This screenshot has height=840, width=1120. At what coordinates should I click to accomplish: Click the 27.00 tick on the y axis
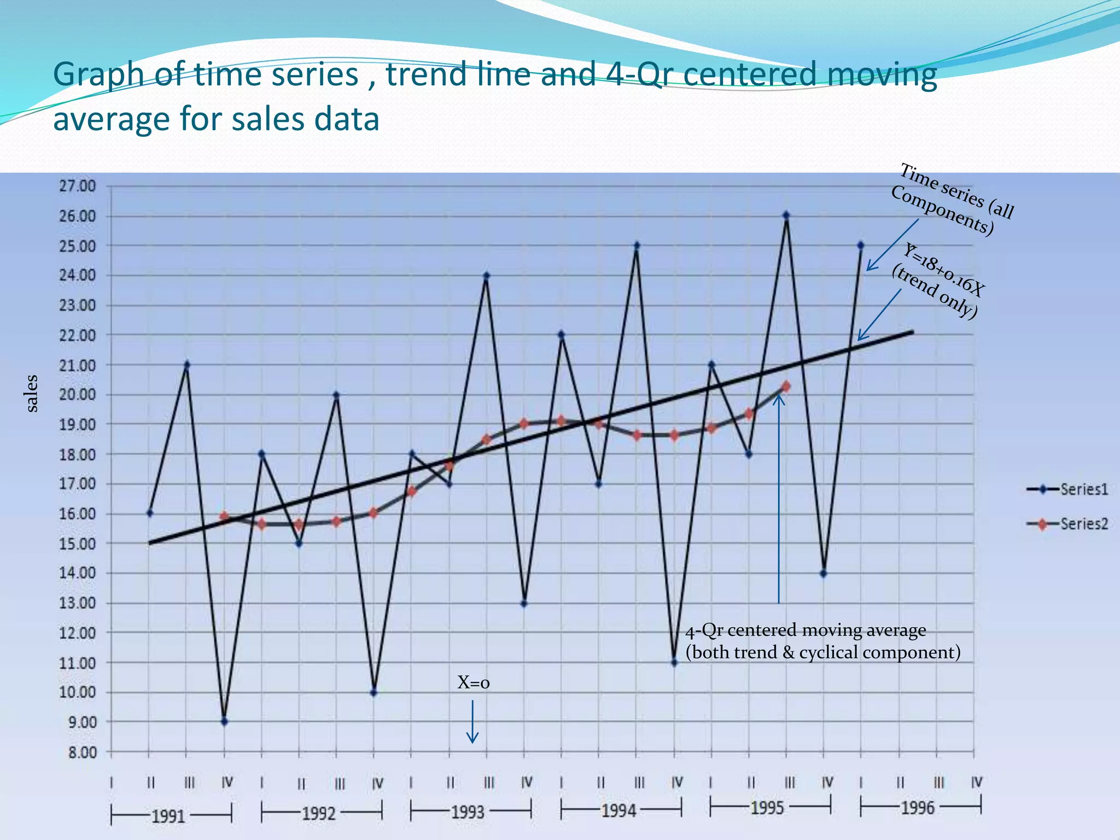pyautogui.click(x=77, y=186)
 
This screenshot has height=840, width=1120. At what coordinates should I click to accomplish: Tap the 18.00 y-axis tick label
pyautogui.click(x=77, y=454)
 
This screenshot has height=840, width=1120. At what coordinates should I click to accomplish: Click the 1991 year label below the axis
pyautogui.click(x=168, y=816)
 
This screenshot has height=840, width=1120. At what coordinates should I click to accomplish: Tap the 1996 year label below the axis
pyautogui.click(x=918, y=808)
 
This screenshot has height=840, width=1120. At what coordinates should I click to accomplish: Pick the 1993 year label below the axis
pyautogui.click(x=468, y=812)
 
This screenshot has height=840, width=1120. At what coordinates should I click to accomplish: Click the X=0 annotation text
pyautogui.click(x=473, y=682)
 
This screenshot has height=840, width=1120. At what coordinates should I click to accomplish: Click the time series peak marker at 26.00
pyautogui.click(x=786, y=215)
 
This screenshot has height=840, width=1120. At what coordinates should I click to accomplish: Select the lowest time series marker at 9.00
pyautogui.click(x=224, y=722)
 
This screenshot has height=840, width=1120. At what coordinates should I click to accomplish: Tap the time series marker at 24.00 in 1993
pyautogui.click(x=487, y=276)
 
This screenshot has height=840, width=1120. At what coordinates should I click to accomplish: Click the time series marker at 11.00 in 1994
pyautogui.click(x=674, y=662)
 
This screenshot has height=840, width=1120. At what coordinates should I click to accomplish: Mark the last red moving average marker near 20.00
pyautogui.click(x=786, y=387)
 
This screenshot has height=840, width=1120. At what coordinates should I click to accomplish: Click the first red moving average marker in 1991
pyautogui.click(x=224, y=516)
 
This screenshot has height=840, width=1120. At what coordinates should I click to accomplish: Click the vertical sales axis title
pyautogui.click(x=32, y=393)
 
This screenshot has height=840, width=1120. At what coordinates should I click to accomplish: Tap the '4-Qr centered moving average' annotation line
pyautogui.click(x=806, y=630)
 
